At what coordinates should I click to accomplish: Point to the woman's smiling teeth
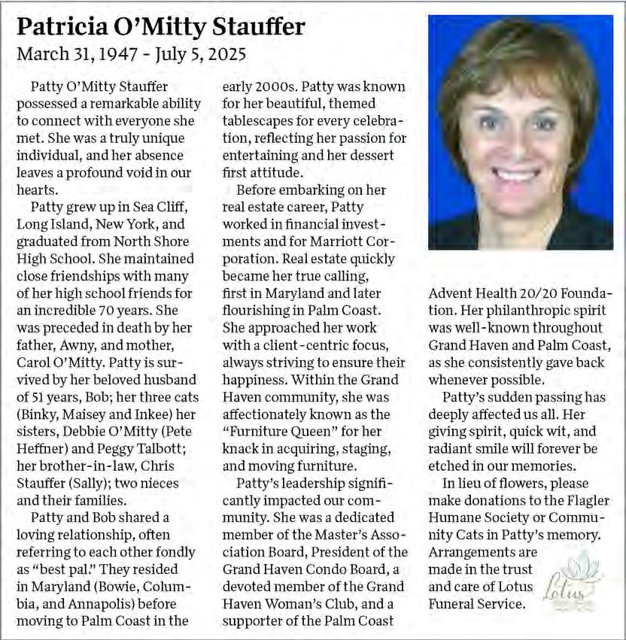click(x=517, y=174)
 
